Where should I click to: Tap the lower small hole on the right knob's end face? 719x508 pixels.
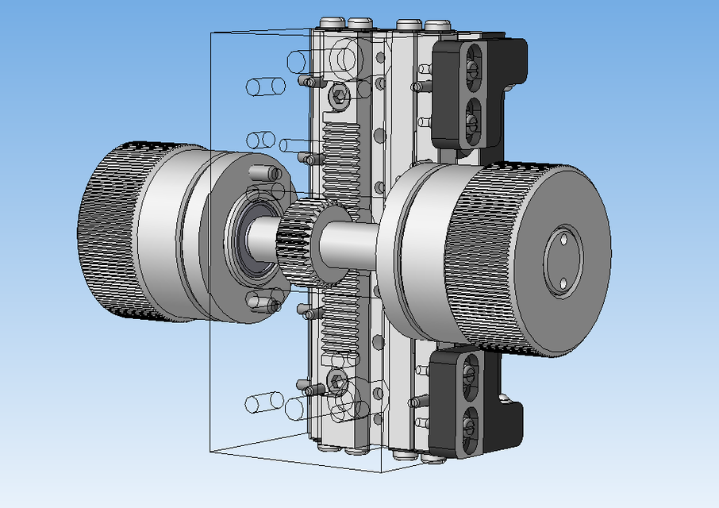pos(563,283)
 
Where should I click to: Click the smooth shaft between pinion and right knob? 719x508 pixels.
pos(349,242)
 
